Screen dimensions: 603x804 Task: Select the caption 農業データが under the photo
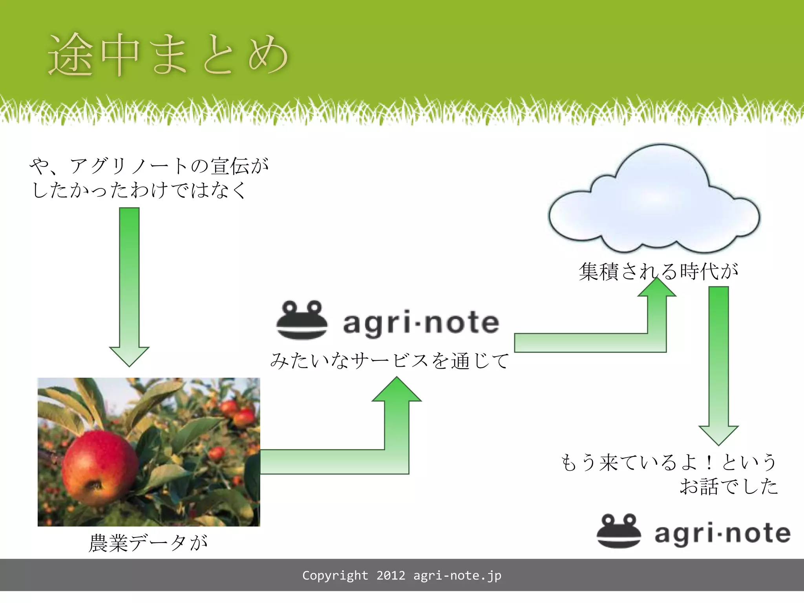click(148, 543)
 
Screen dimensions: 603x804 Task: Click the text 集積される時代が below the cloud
click(658, 271)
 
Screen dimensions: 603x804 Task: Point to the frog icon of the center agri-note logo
click(301, 320)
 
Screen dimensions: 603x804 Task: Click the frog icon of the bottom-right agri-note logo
click(619, 531)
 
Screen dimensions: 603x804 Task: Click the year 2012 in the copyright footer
click(391, 576)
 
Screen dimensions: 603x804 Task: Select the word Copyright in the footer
click(335, 576)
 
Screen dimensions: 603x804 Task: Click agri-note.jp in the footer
click(457, 576)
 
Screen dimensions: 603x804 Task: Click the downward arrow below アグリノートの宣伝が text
click(129, 287)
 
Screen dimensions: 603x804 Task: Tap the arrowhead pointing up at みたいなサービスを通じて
click(397, 391)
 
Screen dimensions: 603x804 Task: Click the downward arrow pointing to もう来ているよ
click(718, 365)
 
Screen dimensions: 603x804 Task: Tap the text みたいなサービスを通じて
click(389, 360)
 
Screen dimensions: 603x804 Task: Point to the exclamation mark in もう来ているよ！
click(709, 462)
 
